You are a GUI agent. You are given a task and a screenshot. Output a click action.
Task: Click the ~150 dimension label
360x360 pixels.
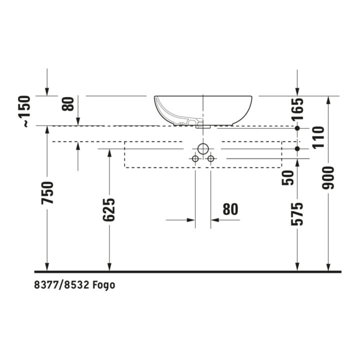[x=24, y=111]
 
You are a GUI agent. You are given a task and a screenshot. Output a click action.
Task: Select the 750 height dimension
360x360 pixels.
[x=47, y=192]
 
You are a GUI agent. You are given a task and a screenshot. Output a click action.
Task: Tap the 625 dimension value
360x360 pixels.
[x=109, y=209]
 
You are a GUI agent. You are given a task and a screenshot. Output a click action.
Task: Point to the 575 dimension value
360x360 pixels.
[x=297, y=214]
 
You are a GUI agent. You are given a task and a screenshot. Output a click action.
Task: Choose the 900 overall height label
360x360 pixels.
[x=328, y=178]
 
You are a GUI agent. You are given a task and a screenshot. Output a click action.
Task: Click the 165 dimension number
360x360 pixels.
[x=297, y=109]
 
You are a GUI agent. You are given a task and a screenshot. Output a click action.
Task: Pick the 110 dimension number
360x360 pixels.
[x=318, y=137]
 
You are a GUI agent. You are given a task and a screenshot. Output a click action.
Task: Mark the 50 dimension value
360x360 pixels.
[x=287, y=177]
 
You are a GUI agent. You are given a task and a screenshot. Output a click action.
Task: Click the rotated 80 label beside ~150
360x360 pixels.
[x=68, y=104]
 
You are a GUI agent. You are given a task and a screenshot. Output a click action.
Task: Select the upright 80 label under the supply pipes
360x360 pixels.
[x=230, y=209]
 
